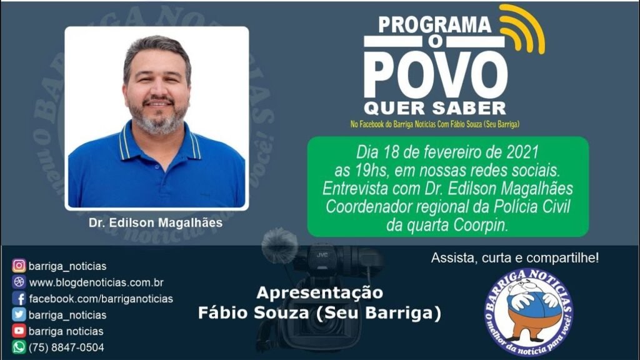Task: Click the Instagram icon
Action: (x=19, y=266)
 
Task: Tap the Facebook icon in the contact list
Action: (x=19, y=298)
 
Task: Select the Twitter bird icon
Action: (x=19, y=315)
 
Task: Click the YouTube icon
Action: (x=19, y=331)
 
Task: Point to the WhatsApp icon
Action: (x=19, y=347)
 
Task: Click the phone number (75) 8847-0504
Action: (x=66, y=347)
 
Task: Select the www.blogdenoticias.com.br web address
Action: (x=96, y=282)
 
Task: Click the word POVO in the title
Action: (x=436, y=76)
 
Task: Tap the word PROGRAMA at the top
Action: (x=435, y=24)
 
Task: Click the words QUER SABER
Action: (x=435, y=109)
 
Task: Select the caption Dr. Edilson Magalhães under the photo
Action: (x=156, y=223)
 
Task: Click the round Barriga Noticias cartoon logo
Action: (x=529, y=312)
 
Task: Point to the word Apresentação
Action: (x=320, y=293)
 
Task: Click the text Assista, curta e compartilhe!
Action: (x=515, y=258)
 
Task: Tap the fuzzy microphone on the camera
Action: (x=279, y=245)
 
